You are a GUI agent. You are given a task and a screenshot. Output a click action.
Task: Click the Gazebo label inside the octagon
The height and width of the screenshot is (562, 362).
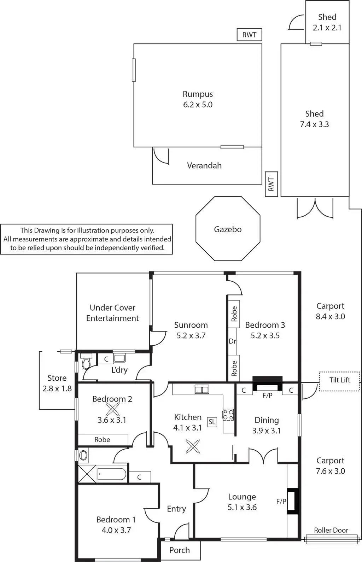(228, 229)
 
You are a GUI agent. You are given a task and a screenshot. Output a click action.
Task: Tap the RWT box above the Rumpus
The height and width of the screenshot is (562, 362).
(249, 35)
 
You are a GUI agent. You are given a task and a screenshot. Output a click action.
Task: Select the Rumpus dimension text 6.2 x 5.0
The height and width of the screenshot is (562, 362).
(198, 105)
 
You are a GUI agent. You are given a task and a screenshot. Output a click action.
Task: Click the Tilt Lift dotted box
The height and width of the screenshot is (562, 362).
(339, 380)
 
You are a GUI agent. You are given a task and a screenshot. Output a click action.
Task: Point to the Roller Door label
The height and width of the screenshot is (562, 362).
(331, 530)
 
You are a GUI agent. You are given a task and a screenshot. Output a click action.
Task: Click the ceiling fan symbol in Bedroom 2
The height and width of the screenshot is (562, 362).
(112, 409)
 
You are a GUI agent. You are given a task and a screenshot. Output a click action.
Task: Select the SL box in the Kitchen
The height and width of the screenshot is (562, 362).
(212, 422)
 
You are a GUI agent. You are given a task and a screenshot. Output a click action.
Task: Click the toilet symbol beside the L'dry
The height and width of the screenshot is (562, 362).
(86, 362)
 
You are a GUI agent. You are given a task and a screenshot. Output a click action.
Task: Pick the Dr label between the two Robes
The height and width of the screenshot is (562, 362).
(232, 341)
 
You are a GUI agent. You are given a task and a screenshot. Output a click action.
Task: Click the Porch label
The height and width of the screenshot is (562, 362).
(180, 550)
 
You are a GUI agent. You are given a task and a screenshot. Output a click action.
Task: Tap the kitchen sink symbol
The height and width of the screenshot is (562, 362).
(202, 390)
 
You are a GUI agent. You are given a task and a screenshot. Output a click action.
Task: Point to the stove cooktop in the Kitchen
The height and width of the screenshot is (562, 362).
(228, 415)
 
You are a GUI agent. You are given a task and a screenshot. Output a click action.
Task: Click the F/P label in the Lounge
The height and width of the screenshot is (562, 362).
(281, 501)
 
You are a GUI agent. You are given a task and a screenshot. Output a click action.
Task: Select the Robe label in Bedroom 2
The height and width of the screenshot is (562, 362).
(102, 440)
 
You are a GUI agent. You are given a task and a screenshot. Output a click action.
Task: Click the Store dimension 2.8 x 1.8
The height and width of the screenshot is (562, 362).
(57, 388)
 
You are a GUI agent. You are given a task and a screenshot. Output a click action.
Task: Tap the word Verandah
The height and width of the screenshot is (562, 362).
(204, 165)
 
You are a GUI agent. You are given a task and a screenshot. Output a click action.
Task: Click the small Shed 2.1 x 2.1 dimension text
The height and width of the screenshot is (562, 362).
(327, 28)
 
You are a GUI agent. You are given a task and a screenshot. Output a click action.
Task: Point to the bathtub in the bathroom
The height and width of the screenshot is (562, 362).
(111, 474)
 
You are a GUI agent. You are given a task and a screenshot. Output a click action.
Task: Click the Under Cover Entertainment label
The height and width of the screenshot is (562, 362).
(112, 313)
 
